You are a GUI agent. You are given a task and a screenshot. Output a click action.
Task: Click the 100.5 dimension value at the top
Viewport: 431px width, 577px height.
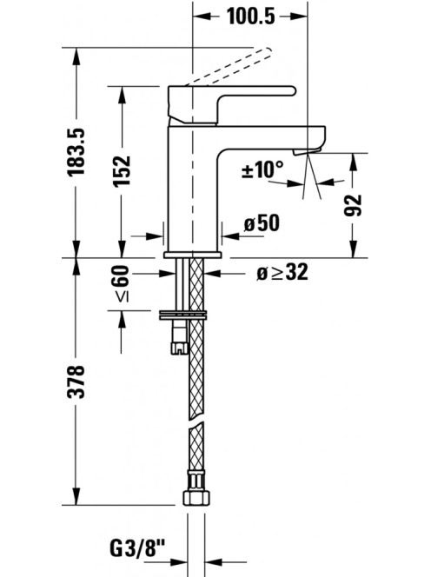(250, 17)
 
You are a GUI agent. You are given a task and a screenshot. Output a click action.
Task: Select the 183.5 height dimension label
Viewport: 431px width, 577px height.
(76, 151)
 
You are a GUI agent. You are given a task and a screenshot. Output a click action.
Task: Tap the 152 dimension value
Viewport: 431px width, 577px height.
(123, 171)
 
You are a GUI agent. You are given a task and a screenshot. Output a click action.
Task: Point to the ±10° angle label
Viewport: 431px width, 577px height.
(262, 169)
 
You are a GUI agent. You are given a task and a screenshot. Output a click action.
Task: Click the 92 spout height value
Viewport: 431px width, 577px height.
(353, 205)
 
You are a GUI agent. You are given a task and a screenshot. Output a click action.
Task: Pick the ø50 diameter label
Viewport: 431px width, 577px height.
(262, 222)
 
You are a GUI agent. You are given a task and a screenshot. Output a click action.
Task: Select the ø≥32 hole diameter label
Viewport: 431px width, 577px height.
(282, 273)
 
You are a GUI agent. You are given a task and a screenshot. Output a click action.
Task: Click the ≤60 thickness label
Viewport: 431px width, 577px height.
(123, 283)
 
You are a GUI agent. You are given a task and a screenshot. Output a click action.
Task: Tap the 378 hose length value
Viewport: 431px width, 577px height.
(76, 381)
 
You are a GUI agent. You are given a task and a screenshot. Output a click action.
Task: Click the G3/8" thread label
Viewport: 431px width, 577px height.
(137, 548)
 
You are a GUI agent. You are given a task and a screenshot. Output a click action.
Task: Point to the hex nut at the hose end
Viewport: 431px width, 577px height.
(196, 498)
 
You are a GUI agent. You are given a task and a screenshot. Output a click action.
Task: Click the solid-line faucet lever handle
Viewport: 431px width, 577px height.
(231, 104)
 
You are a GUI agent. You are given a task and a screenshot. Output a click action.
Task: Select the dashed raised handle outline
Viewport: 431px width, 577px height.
(229, 66)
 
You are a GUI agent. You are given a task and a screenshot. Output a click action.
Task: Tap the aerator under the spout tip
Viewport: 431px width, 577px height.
(307, 152)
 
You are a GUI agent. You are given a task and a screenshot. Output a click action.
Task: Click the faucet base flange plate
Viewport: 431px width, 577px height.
(193, 255)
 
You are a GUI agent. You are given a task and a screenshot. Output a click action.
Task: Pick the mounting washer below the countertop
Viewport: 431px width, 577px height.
(182, 315)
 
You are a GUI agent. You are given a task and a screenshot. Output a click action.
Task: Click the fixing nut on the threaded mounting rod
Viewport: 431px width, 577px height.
(180, 348)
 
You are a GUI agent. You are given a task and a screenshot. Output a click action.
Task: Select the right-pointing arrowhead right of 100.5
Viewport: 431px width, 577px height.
(299, 17)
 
